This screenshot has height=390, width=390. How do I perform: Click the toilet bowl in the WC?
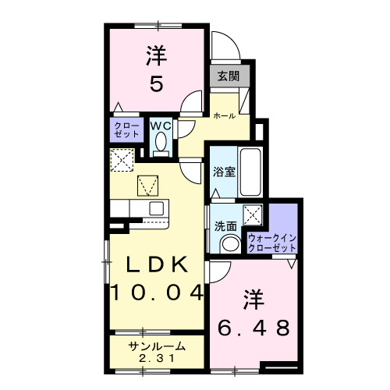click(161, 143)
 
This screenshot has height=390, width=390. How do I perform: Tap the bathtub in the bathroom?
click(250, 171)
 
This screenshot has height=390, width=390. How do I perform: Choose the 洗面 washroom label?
click(226, 226)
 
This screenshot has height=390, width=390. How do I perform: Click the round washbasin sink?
click(231, 244)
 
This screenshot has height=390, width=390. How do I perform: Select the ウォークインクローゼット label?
click(272, 242)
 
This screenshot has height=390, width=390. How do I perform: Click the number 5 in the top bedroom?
click(156, 83)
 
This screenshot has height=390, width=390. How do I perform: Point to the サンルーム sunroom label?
click(157, 347)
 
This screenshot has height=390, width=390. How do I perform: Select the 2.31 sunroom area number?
click(157, 359)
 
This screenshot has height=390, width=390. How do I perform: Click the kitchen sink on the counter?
click(156, 208)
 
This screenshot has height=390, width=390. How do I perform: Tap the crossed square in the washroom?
click(253, 214)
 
